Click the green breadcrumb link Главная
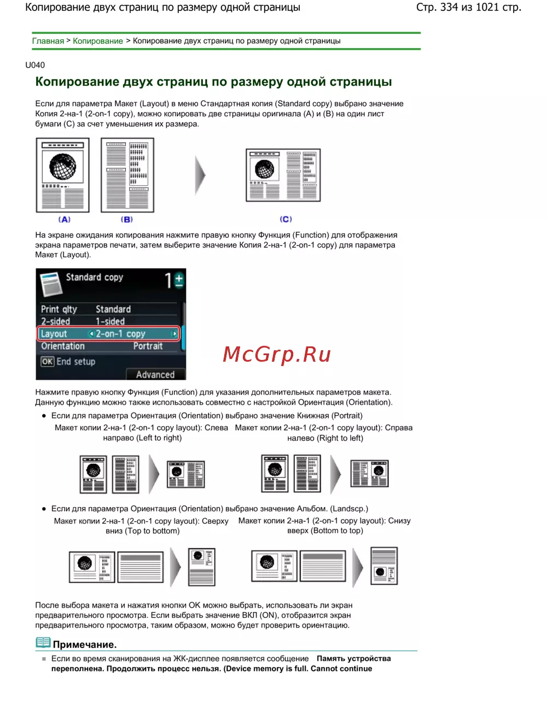click(x=48, y=41)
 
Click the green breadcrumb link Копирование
click(x=98, y=41)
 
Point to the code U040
click(x=35, y=65)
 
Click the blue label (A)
click(x=64, y=219)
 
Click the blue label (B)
click(x=127, y=219)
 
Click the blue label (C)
click(x=286, y=219)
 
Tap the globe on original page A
click(x=62, y=167)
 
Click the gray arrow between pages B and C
click(x=200, y=175)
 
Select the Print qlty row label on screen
click(x=59, y=309)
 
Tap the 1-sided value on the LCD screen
click(x=110, y=321)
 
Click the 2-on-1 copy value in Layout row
click(x=120, y=334)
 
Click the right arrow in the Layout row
click(x=175, y=333)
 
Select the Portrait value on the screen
click(x=148, y=346)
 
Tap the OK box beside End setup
click(x=47, y=362)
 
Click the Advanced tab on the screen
click(x=155, y=374)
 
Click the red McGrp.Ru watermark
click(x=276, y=354)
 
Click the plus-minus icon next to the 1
click(x=179, y=280)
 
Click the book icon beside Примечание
click(x=43, y=643)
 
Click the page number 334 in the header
click(x=449, y=7)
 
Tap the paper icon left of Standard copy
click(x=51, y=284)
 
